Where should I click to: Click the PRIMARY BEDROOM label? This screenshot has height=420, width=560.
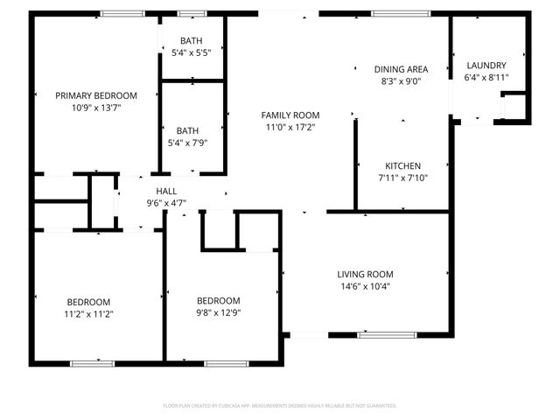click(x=96, y=95)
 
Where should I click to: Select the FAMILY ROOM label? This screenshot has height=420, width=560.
click(x=290, y=115)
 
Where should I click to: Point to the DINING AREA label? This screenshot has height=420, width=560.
click(x=401, y=69)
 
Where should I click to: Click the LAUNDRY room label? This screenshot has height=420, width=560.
click(x=486, y=66)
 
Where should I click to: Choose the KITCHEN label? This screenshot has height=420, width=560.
click(x=403, y=165)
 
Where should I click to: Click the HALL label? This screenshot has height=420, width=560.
click(x=167, y=191)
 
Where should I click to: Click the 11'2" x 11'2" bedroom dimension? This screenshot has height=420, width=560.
click(x=88, y=313)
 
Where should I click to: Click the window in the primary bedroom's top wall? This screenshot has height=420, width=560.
click(x=122, y=14)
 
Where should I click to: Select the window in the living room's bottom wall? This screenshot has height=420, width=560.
click(x=387, y=335)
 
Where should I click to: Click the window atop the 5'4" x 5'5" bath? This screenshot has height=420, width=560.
click(x=192, y=14)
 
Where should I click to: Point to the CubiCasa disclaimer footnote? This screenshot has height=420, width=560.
click(x=280, y=406)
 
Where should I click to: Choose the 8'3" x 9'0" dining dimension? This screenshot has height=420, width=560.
click(x=401, y=81)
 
